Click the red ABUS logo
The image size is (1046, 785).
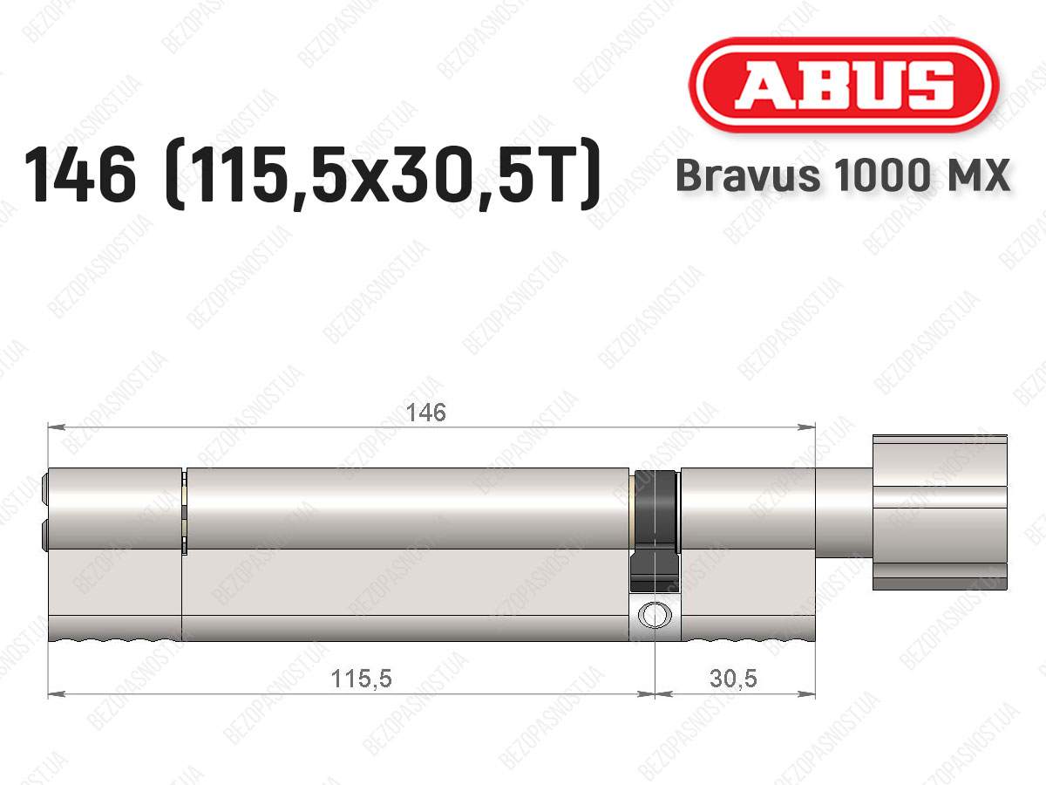coord(844,85)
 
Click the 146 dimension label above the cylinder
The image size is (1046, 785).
coord(425,413)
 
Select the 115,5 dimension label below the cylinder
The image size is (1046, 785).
coord(361,679)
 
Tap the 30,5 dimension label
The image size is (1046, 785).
coord(733,679)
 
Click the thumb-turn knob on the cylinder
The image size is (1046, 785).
coord(940,512)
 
